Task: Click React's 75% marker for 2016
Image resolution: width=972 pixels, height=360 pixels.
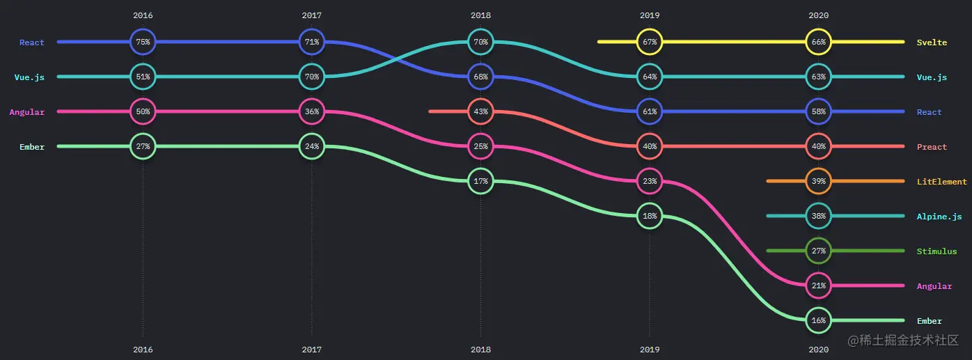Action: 143,42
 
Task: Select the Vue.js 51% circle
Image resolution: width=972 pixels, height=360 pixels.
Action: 143,77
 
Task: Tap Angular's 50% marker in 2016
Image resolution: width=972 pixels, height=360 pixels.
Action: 143,111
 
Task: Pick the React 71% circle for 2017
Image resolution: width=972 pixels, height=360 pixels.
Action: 311,42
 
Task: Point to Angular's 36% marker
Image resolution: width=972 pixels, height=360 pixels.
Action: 311,111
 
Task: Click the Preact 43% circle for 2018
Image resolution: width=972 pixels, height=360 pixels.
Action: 480,111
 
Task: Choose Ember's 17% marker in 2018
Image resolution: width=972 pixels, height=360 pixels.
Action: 480,181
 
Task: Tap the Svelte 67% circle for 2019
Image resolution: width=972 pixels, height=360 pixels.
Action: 650,42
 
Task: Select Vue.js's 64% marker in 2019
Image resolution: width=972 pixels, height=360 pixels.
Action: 650,77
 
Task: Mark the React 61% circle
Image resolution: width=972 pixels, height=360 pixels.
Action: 650,111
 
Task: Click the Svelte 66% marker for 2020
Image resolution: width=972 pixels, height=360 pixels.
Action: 818,42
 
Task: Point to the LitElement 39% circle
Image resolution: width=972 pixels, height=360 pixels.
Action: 818,181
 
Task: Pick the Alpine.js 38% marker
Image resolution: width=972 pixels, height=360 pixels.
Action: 818,216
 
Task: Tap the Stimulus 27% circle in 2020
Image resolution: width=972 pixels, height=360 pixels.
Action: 818,251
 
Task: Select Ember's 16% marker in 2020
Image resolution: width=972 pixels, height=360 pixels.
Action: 818,320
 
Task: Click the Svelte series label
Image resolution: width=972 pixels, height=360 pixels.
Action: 932,42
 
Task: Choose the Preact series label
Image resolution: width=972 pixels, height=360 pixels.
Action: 932,147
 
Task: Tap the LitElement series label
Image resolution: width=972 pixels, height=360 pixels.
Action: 941,182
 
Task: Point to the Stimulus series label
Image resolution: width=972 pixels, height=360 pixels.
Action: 936,251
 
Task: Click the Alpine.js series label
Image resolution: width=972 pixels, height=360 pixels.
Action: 939,217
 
